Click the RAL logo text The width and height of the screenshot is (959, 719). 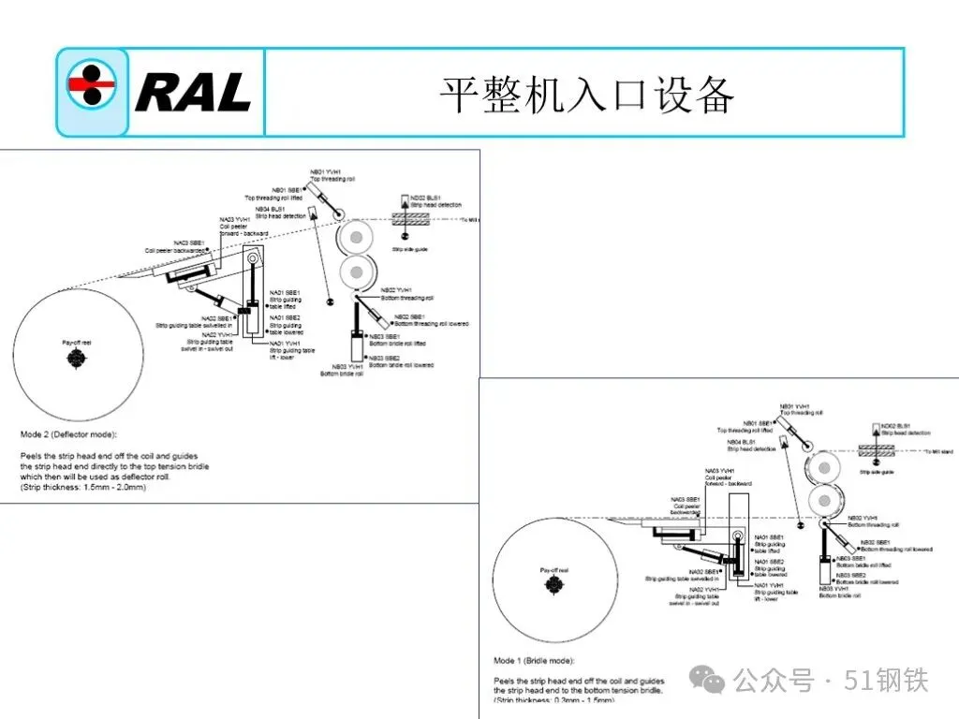(x=192, y=93)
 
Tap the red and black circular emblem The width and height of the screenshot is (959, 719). (x=92, y=91)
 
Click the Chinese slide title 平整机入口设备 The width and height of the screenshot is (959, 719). (x=586, y=95)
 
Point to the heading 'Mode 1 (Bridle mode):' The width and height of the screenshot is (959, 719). (x=534, y=661)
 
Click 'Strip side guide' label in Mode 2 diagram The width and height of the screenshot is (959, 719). (x=410, y=249)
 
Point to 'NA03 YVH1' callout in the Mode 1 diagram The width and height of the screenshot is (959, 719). (x=719, y=470)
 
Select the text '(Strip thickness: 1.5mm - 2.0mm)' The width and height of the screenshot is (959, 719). (x=83, y=487)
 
